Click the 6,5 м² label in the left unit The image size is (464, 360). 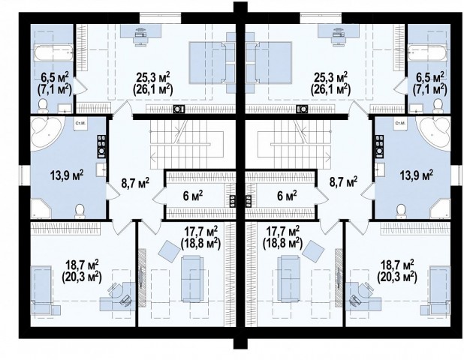(x=55, y=78)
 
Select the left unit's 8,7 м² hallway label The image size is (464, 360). (x=135, y=183)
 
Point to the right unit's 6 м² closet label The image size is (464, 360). (x=287, y=196)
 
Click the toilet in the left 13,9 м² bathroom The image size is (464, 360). (x=80, y=211)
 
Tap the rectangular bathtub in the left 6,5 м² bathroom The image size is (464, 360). (x=53, y=53)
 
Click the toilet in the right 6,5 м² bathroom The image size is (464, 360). (x=438, y=106)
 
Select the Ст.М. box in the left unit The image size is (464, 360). (x=80, y=124)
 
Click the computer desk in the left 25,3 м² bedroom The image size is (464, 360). (x=140, y=34)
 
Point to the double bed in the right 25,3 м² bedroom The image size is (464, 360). (x=269, y=63)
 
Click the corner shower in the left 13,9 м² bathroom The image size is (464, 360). (x=41, y=209)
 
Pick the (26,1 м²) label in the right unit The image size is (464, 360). (x=330, y=89)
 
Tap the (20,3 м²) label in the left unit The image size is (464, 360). (x=82, y=277)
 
